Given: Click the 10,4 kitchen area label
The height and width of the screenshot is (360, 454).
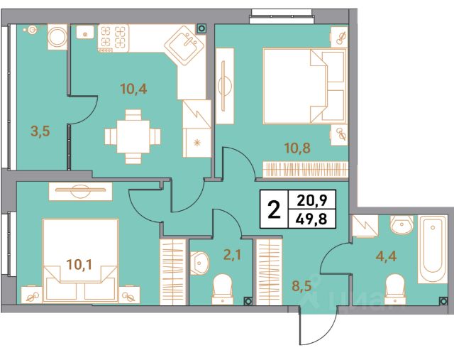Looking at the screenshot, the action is click(133, 89).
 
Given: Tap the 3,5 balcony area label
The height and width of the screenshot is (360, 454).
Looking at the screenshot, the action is click(40, 131).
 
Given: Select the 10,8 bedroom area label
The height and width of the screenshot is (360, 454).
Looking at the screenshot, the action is click(298, 148).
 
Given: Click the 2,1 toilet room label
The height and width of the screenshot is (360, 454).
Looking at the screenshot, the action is click(233, 255).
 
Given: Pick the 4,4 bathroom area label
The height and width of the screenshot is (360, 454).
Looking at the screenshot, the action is click(387, 256).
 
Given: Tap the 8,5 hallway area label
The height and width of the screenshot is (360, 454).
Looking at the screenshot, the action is click(301, 285).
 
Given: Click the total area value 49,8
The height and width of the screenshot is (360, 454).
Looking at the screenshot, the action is click(312, 218).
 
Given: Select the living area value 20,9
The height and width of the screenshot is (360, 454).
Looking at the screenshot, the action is click(312, 200).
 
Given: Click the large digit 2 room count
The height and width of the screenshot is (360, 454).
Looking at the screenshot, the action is click(274, 209).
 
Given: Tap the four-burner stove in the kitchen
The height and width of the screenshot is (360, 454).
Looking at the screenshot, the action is click(113, 38).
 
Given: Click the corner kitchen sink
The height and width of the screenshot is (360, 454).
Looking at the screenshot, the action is click(184, 45).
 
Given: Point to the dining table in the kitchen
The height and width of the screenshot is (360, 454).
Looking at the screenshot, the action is click(133, 136).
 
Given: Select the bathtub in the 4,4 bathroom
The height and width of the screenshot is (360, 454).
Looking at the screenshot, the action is click(432, 249).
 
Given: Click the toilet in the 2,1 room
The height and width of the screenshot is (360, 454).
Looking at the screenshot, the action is click(222, 290).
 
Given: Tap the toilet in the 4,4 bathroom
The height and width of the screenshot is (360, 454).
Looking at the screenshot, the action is click(395, 290).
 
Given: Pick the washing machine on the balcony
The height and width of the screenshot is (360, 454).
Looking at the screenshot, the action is click(57, 37).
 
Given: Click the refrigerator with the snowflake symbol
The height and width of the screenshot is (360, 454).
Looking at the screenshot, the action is click(197, 143).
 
